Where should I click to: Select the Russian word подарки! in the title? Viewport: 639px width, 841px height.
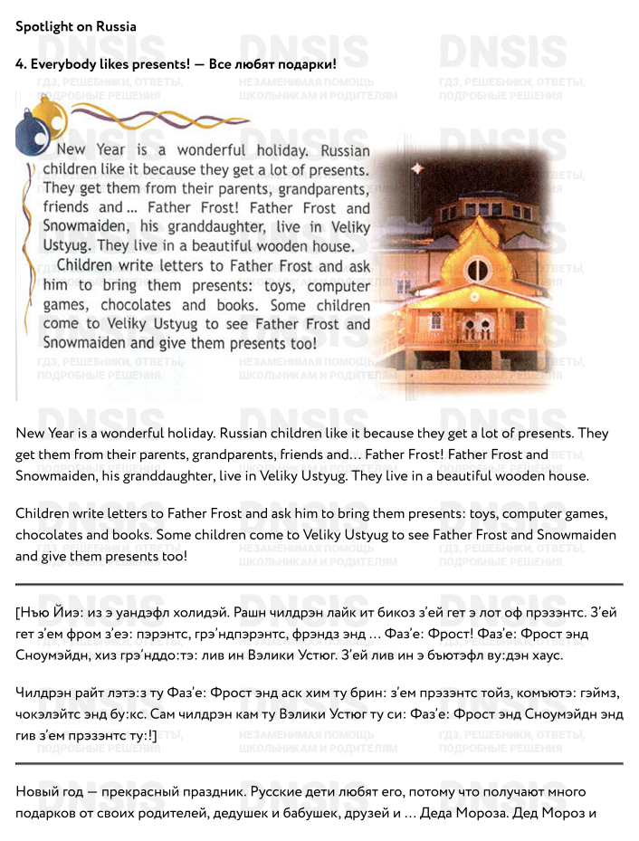[x=307, y=64]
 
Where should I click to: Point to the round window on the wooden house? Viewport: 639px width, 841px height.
[x=477, y=269]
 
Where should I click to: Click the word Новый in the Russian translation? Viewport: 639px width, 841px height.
[x=39, y=791]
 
